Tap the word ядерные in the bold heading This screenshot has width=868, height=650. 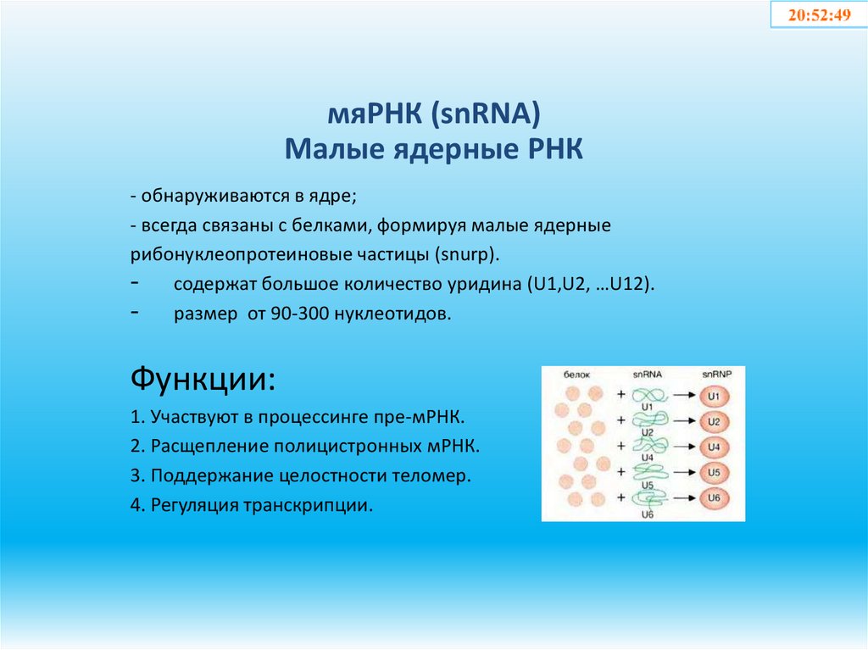439,150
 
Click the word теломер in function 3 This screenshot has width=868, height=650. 435,476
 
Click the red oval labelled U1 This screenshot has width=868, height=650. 714,396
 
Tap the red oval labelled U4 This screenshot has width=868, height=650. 714,447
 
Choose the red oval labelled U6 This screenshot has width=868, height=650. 714,498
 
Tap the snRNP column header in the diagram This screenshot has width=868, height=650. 714,374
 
